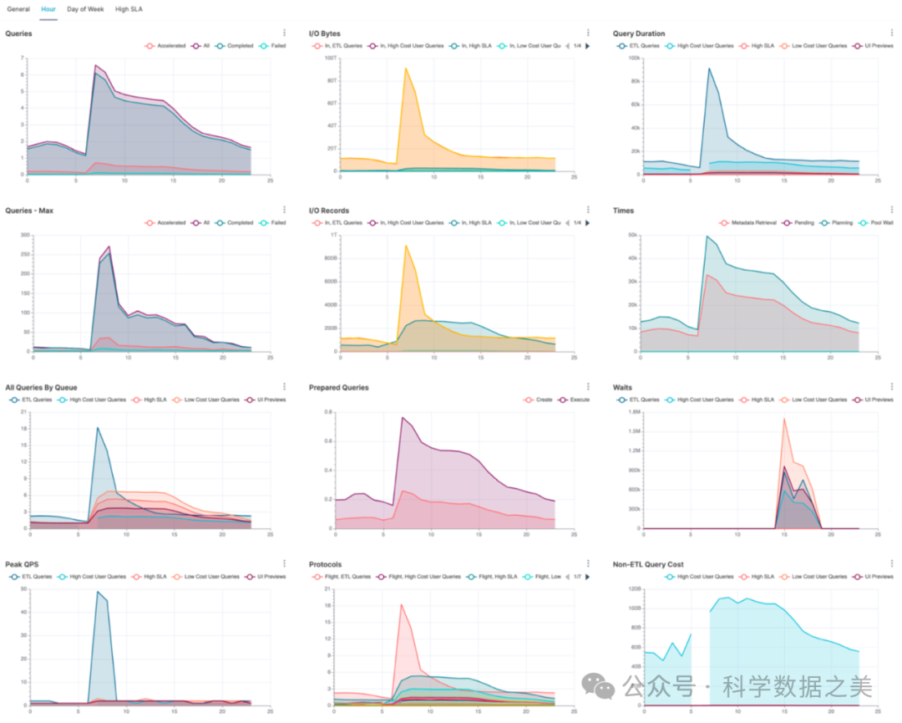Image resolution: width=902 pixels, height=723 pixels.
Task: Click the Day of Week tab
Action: point(85,9)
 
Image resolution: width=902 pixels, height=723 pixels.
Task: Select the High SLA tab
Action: point(128,9)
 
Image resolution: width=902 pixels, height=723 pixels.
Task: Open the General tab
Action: point(18,9)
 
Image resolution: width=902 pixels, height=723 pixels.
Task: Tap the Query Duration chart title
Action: point(639,33)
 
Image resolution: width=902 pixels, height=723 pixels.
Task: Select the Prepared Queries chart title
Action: point(338,388)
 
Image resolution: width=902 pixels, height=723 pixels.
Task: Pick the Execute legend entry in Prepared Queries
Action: point(575,400)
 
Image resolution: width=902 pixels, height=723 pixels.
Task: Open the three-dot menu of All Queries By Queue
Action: point(285,386)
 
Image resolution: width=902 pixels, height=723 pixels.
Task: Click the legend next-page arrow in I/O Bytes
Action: point(587,46)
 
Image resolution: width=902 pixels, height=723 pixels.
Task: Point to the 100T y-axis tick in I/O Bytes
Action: point(329,59)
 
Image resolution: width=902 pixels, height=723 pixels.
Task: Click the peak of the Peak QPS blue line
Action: point(98,592)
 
